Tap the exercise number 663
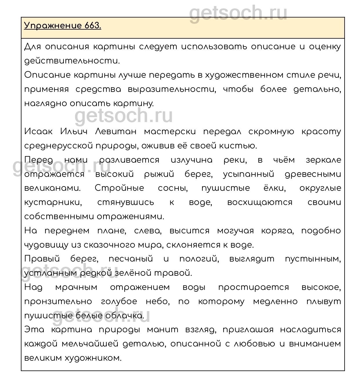[x=93, y=26]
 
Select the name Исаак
[x=38, y=132]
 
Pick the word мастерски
[x=170, y=132]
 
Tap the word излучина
[x=191, y=160]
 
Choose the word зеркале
[x=323, y=160]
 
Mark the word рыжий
[x=159, y=174]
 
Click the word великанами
[x=52, y=188]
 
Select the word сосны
[x=173, y=188]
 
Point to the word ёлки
[x=274, y=188]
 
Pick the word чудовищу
[x=46, y=245]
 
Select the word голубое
[x=119, y=302]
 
